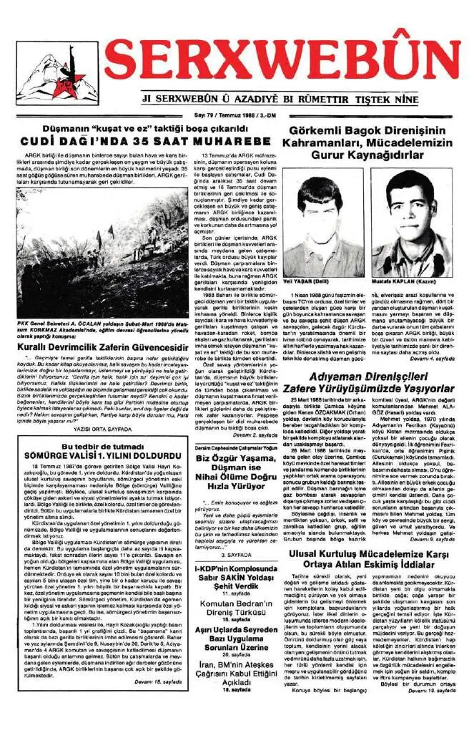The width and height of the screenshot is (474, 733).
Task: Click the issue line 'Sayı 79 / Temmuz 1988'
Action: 235,114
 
